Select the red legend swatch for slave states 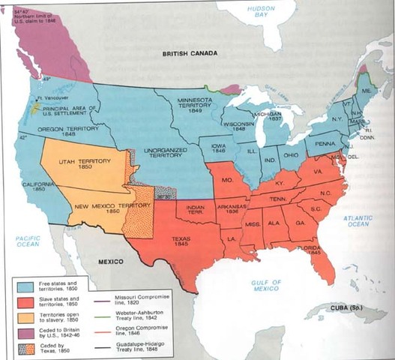pyautogui.click(x=22, y=302)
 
